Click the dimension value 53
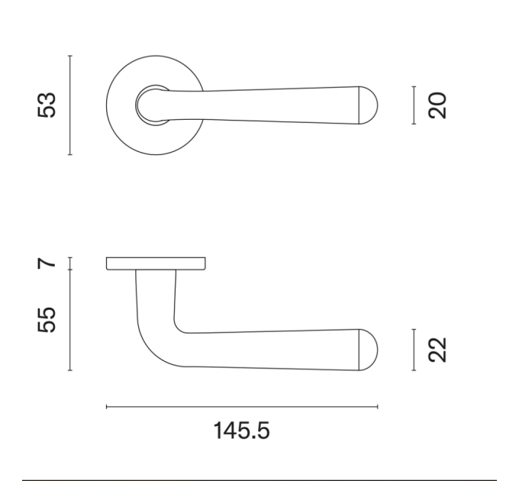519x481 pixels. tap(47, 105)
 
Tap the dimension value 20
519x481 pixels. tap(437, 105)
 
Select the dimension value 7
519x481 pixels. tap(47, 263)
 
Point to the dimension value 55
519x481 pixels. tap(47, 320)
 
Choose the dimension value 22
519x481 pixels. tap(437, 350)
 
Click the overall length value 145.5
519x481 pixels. tap(242, 431)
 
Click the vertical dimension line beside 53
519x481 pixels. tap(70, 105)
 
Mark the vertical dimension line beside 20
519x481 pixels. tap(414, 105)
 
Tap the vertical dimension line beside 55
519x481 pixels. tap(70, 320)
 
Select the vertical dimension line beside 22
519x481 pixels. tap(414, 350)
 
